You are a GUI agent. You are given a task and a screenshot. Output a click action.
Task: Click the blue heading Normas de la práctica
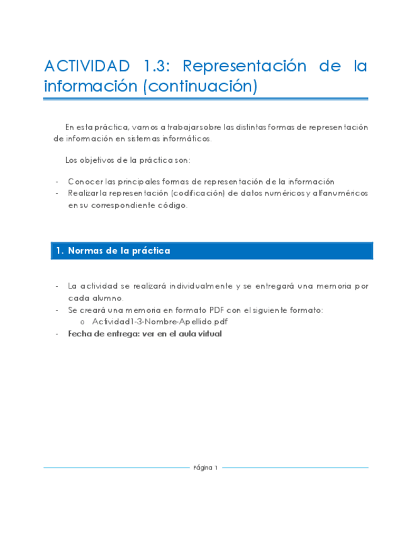[x=118, y=251]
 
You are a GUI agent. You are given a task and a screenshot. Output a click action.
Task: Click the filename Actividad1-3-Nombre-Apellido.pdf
[x=160, y=321]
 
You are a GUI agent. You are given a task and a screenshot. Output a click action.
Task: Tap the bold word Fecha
[x=80, y=334]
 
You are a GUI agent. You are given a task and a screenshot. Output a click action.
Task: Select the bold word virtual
[x=208, y=334]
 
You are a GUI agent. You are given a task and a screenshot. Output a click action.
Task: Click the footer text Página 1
[x=206, y=468]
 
